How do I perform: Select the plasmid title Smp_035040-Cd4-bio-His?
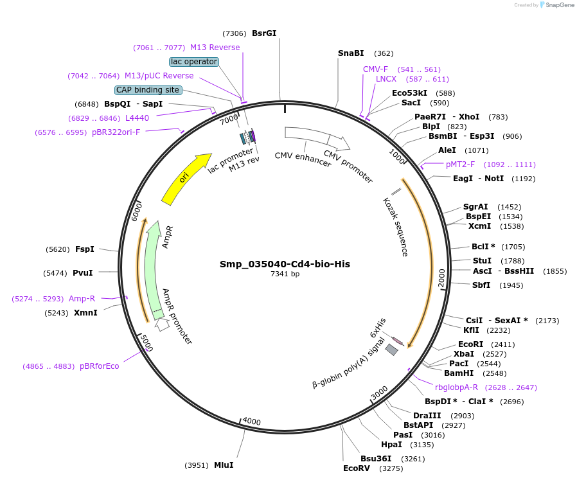285,264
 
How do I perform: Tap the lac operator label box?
194,62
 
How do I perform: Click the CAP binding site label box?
148,90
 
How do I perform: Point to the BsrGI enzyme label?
264,33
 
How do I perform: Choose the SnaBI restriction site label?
351,53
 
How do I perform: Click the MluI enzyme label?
224,465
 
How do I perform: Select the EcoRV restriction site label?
357,468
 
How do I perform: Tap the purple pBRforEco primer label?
100,366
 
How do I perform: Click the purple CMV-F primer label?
375,69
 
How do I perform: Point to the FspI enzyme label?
85,249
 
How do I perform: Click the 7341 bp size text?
285,274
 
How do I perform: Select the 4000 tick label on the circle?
251,422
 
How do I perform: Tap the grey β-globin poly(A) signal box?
391,349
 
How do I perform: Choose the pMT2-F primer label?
460,164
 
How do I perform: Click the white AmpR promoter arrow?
163,324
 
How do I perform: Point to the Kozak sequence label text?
395,227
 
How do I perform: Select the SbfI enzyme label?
481,285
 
